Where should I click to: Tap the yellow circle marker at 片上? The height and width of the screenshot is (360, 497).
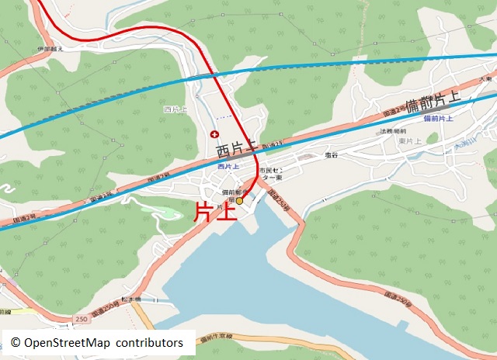pyautogui.click(x=239, y=200)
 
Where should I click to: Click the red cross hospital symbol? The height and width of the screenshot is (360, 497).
pyautogui.click(x=214, y=134)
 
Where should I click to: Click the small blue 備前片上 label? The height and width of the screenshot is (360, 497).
pyautogui.click(x=439, y=119)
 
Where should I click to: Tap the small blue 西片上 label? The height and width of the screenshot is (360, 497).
pyautogui.click(x=228, y=166)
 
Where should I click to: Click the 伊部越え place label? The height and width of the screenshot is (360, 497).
pyautogui.click(x=48, y=49)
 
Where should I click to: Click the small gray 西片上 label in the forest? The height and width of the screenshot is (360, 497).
pyautogui.click(x=176, y=109)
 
